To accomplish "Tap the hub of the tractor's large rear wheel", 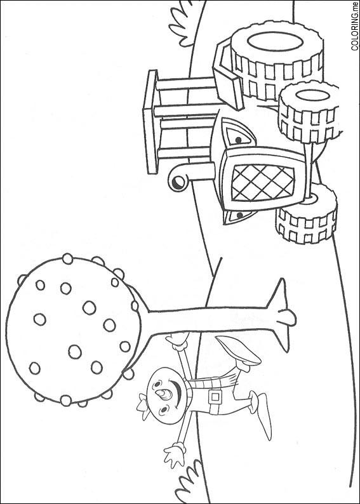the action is pyautogui.click(x=275, y=42).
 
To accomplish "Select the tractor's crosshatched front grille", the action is pyautogui.click(x=263, y=182).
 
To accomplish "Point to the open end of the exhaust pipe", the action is pyautogui.click(x=177, y=183).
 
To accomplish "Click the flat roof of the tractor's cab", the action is pyautogui.click(x=150, y=122).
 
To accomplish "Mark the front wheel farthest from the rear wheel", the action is pyautogui.click(x=306, y=214).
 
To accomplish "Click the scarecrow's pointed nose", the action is pyautogui.click(x=166, y=394).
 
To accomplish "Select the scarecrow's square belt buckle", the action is pyautogui.click(x=215, y=397).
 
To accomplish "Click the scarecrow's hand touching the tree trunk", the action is pyautogui.click(x=177, y=341).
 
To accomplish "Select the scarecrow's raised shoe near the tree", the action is pyautogui.click(x=239, y=351).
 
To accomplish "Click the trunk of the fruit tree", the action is pyautogui.click(x=209, y=320).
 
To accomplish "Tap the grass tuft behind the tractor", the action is pyautogui.click(x=182, y=23).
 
